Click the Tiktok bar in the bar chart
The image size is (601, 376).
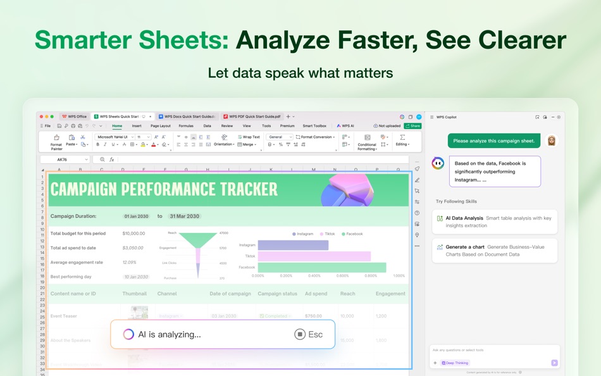[314, 256]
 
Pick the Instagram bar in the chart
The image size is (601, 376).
[293, 245]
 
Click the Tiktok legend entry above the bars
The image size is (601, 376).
[328, 234]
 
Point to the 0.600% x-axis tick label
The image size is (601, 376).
[342, 276]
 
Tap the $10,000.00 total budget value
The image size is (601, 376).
[133, 234]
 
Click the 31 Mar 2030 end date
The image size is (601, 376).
[185, 216]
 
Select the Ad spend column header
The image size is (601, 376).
[316, 294]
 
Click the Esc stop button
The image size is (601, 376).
[309, 334]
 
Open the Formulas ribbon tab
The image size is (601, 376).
[186, 126]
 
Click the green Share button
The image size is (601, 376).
[412, 126]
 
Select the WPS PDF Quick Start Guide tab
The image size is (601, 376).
[253, 116]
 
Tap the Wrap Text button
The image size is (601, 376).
[249, 137]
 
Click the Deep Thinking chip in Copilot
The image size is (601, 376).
[456, 363]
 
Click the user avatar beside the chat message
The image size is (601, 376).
[552, 141]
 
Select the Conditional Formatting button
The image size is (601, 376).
[367, 142]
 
